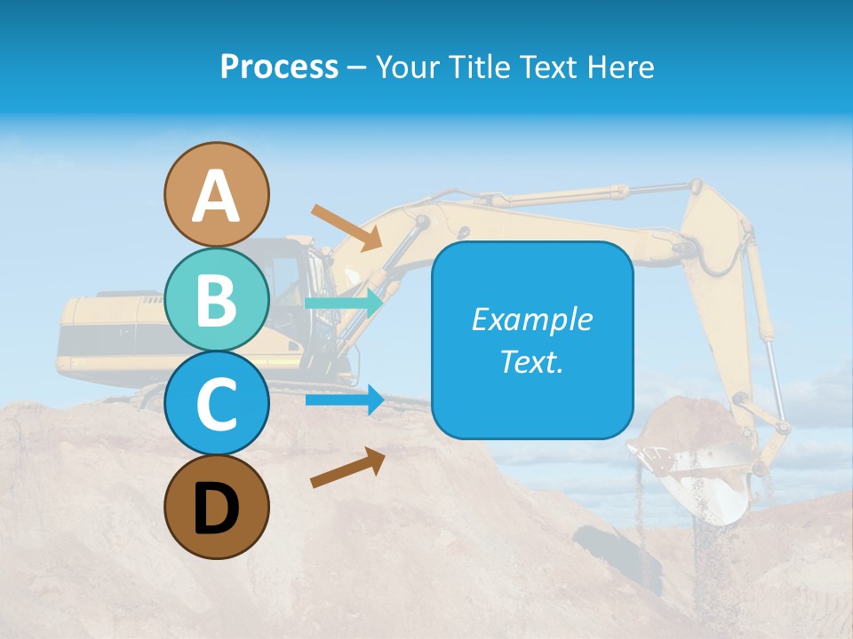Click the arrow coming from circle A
[347, 227]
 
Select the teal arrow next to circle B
[344, 303]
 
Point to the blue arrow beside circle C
[344, 399]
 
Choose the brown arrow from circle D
[347, 468]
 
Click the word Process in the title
[279, 67]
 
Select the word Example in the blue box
[532, 319]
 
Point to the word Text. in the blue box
[532, 361]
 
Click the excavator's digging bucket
[702, 461]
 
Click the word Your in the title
[408, 67]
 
